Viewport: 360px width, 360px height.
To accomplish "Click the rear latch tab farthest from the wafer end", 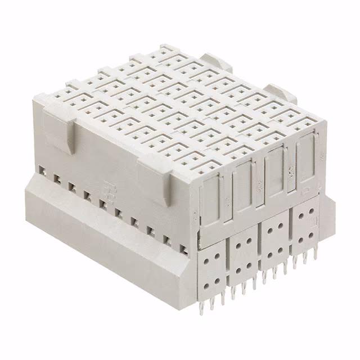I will pyautogui.click(x=217, y=61).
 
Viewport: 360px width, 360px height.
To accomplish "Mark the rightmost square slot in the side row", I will pyautogui.click(x=183, y=248).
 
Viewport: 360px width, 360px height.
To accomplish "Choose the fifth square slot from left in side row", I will pyautogui.click(x=103, y=203).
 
